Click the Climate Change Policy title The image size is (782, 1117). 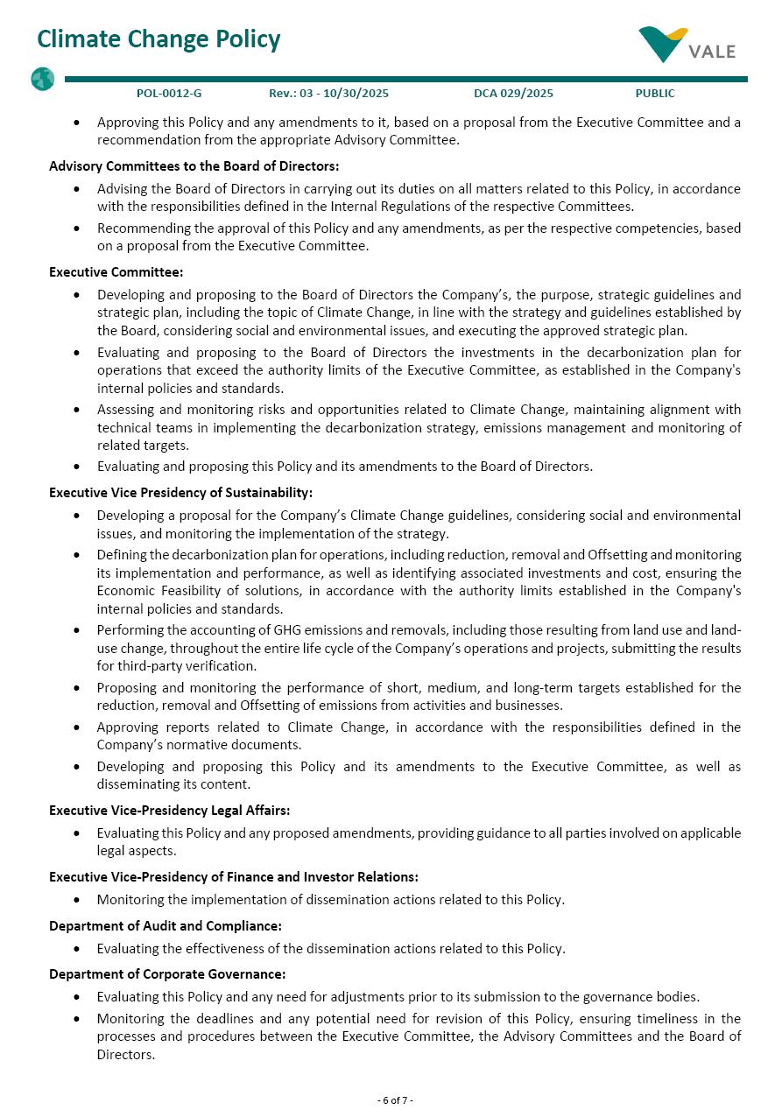pos(159,39)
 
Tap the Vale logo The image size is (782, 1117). pos(687,46)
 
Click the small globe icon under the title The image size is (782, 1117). pos(42,80)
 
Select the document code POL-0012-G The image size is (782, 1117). pos(169,94)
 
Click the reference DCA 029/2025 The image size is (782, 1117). pos(513,94)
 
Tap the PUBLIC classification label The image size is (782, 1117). pos(655,94)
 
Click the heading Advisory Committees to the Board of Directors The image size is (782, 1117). pos(194,166)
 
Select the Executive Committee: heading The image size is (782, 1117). pos(116,272)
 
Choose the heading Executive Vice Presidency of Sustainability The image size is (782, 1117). pos(180,493)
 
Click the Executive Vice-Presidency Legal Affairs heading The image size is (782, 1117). pos(169,811)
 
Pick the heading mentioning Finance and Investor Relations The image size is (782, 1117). pos(233,877)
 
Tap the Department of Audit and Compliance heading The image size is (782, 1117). pos(165,926)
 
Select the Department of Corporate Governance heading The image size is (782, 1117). pos(167,974)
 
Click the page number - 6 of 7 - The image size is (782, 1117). pos(395,1100)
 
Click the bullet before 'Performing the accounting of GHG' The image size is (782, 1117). pos(79,630)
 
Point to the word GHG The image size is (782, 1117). pos(287,630)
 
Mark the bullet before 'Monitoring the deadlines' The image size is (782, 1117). pos(79,1019)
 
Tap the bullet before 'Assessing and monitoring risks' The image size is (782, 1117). pos(79,410)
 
